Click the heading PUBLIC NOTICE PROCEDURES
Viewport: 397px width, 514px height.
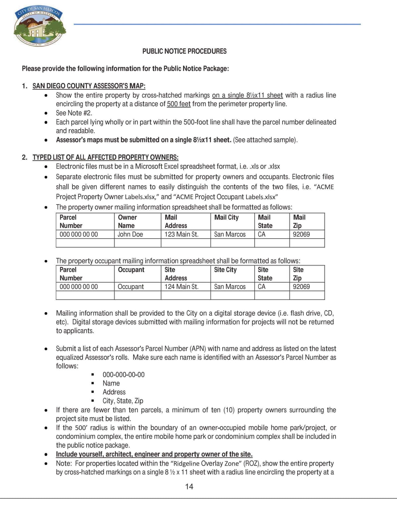click(x=184, y=51)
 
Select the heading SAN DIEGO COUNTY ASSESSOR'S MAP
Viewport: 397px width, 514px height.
click(x=89, y=86)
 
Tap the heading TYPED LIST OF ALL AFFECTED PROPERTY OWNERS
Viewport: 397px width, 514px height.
click(x=105, y=157)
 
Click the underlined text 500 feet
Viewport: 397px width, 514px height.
click(x=179, y=104)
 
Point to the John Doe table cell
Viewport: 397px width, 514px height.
click(x=130, y=234)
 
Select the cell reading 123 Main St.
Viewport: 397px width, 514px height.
click(x=182, y=234)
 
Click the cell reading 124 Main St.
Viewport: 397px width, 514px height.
click(x=182, y=287)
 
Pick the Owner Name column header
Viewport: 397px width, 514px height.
click(x=127, y=221)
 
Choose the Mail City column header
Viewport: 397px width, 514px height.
click(x=226, y=217)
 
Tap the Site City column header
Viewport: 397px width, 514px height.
click(x=225, y=270)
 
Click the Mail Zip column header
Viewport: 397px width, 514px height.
click(x=299, y=221)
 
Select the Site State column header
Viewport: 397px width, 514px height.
click(x=265, y=274)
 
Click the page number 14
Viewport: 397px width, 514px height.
click(x=189, y=487)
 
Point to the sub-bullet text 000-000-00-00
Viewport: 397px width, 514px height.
click(x=123, y=375)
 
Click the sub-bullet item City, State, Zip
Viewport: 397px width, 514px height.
click(x=123, y=401)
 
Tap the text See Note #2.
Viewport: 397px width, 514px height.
click(x=74, y=113)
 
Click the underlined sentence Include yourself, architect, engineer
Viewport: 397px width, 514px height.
click(x=154, y=454)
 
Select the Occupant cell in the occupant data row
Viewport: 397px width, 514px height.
click(x=131, y=287)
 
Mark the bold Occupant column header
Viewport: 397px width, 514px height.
click(x=131, y=270)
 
